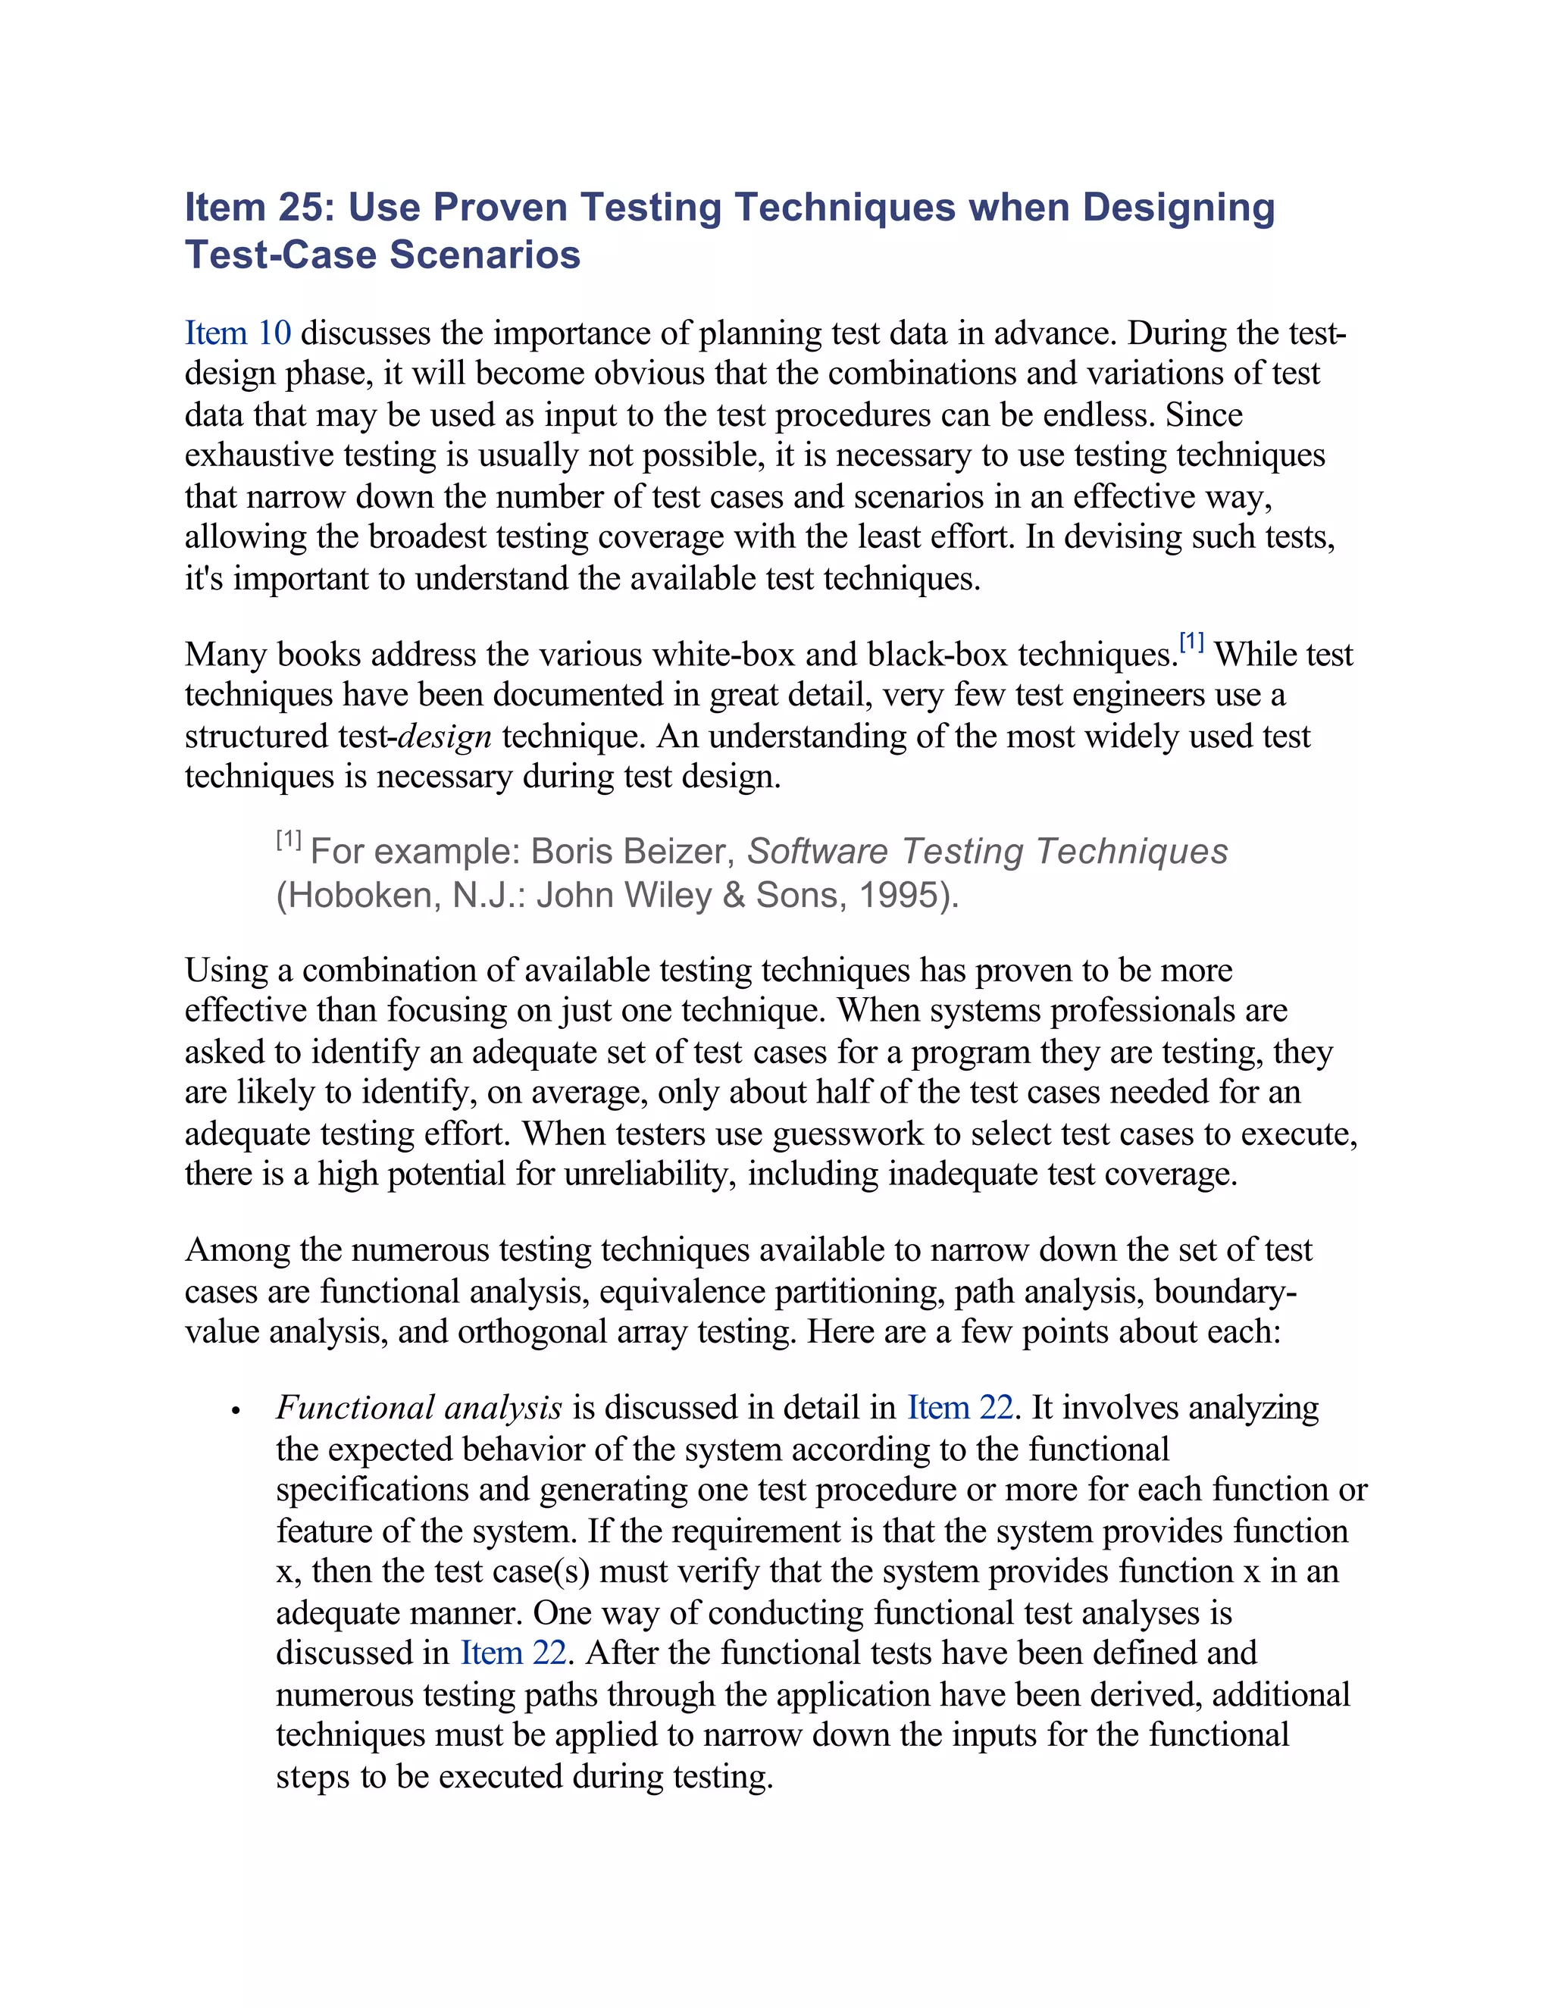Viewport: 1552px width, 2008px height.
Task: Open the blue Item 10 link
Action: pos(237,333)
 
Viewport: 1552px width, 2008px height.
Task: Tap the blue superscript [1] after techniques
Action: pos(1191,643)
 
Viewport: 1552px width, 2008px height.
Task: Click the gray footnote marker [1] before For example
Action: pos(289,840)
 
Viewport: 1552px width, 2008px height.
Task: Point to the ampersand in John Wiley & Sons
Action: pos(734,896)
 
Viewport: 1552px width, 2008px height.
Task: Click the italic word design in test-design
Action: pos(445,737)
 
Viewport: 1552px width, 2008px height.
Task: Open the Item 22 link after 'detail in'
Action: pos(960,1409)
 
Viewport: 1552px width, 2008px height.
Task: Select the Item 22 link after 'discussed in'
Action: pos(513,1653)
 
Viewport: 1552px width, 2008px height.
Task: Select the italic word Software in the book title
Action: pos(816,852)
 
